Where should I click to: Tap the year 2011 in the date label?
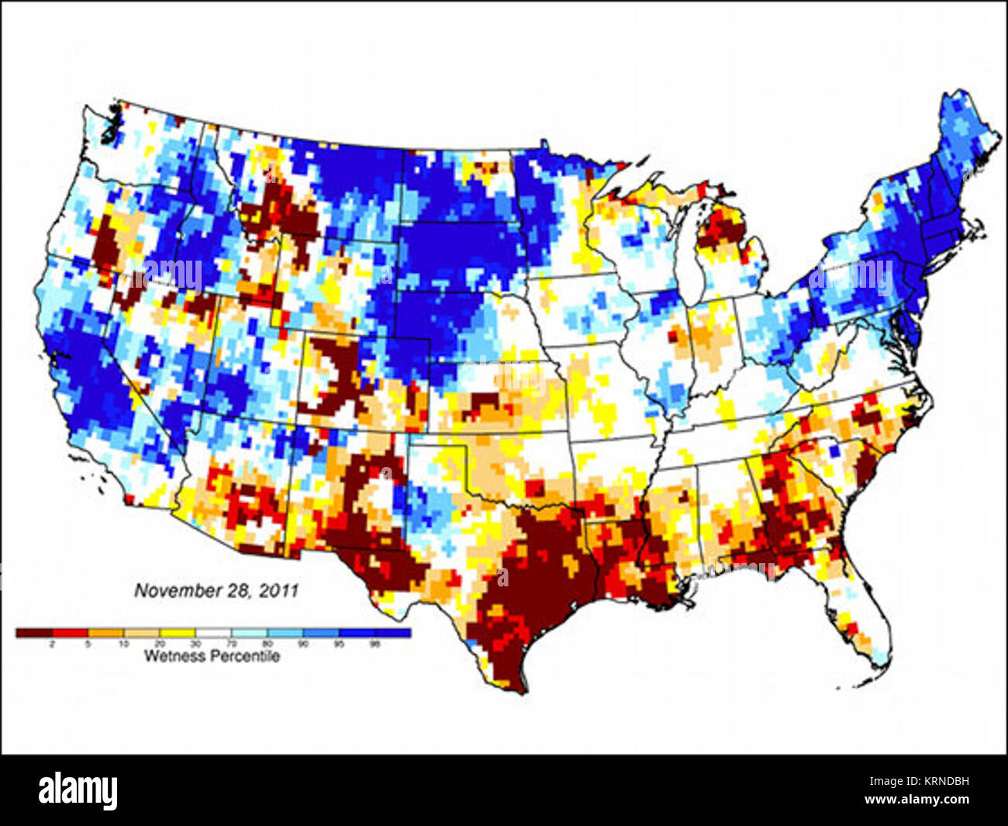click(x=279, y=590)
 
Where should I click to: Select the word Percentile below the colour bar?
click(x=247, y=657)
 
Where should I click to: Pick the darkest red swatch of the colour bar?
click(x=33, y=633)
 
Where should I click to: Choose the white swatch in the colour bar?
click(x=213, y=633)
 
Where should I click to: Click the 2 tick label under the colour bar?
click(x=52, y=644)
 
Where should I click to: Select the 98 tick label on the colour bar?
click(x=375, y=644)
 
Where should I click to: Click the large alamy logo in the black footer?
click(x=78, y=790)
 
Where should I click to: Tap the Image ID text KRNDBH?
click(x=943, y=782)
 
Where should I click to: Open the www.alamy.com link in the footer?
click(x=927, y=800)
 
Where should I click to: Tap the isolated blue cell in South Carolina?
click(x=834, y=448)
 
